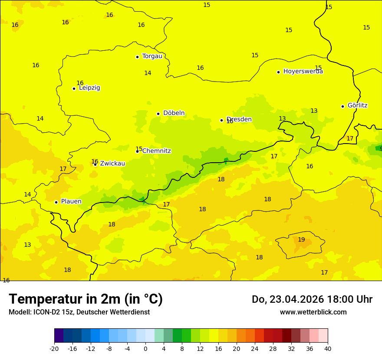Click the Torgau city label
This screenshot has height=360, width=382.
[152, 56]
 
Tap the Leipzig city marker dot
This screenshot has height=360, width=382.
[74, 88]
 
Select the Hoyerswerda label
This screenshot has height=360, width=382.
[303, 72]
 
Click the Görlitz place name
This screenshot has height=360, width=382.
[357, 105]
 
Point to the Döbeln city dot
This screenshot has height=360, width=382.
[158, 114]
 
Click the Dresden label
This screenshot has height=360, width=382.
[239, 119]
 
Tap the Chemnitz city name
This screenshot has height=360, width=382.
[156, 151]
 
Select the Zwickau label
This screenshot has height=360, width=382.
[112, 164]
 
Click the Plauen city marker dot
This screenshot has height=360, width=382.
[56, 202]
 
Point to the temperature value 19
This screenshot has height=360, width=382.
[301, 239]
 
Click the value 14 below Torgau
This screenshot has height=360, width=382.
[148, 73]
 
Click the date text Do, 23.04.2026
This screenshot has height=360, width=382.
[286, 299]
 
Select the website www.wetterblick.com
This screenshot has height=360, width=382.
[313, 312]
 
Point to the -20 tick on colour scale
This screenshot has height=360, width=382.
[54, 348]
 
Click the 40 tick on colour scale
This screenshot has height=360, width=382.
[327, 348]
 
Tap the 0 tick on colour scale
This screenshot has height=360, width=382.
[145, 348]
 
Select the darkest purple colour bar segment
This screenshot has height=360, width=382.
[59, 336]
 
